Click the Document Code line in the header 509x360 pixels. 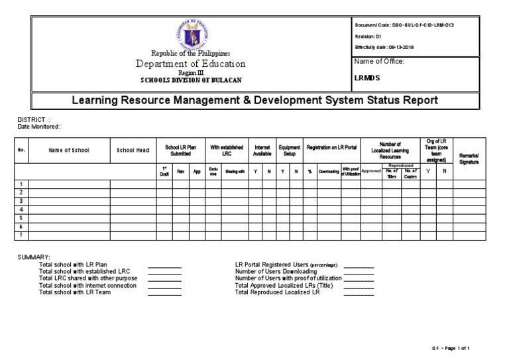404,25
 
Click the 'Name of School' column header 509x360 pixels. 68,150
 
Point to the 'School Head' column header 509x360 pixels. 133,150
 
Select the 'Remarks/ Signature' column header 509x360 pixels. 469,158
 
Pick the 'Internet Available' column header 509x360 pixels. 262,150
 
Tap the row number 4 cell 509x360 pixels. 21,210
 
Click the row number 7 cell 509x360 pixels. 21,235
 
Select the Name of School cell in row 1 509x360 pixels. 68,184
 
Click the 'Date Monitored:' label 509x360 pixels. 39,126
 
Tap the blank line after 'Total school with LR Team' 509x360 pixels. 164,292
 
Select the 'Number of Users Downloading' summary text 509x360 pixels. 276,270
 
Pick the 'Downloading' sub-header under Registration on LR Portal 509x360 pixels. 328,171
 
